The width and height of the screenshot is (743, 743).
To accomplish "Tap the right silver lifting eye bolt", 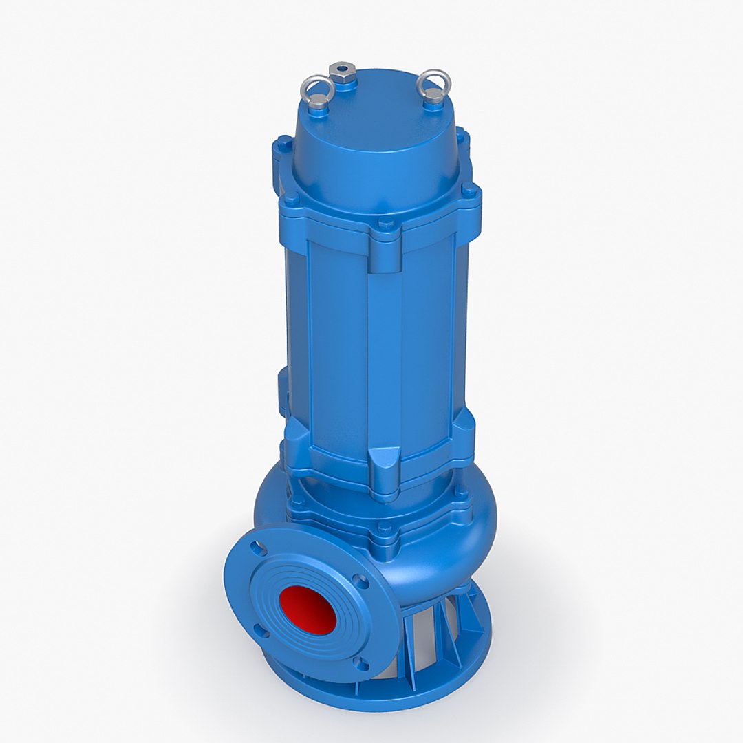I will point(434,86).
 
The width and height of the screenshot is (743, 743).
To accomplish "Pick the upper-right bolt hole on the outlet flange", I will point(358,581).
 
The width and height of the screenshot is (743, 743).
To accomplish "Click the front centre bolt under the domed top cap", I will point(385,225).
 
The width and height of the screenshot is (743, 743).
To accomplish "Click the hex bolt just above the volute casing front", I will point(384,530).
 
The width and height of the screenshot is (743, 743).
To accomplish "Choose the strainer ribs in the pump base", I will point(440,626).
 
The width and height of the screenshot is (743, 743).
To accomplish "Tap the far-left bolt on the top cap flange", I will point(281,145).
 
